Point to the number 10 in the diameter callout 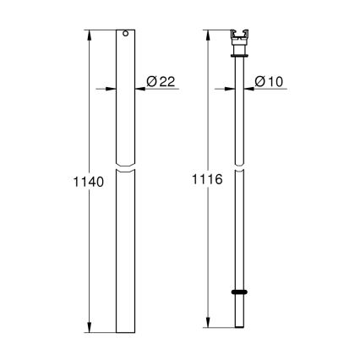pyautogui.click(x=275, y=81)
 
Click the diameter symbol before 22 pyautogui.click(x=151, y=81)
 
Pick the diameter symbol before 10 pyautogui.click(x=261, y=81)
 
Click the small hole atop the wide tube pyautogui.click(x=125, y=35)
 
